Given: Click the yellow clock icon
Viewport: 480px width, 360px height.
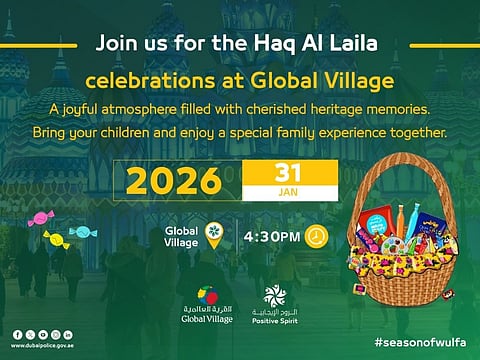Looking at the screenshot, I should pyautogui.click(x=315, y=235).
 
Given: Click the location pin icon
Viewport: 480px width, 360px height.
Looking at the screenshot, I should pyautogui.click(x=213, y=235).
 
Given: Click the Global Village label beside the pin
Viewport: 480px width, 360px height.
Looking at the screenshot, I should pyautogui.click(x=180, y=236).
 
